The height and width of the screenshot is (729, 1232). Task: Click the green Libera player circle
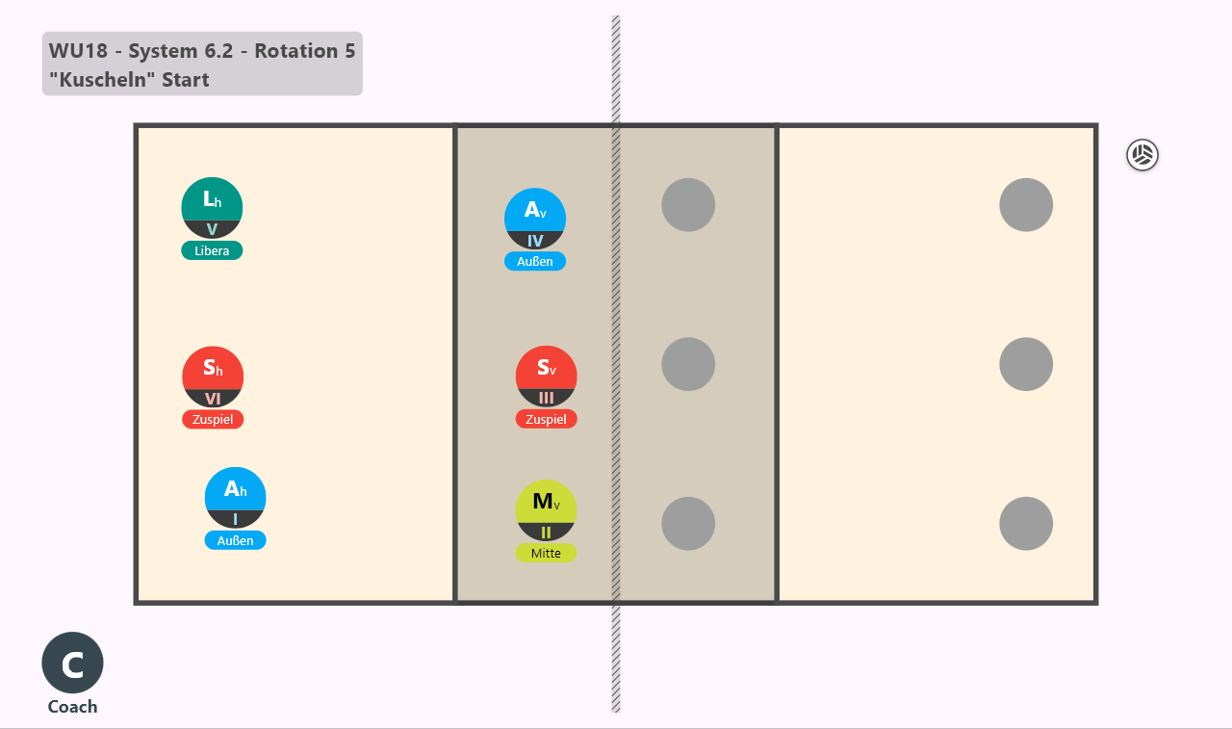tap(212, 208)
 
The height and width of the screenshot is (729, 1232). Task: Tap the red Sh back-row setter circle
tap(213, 377)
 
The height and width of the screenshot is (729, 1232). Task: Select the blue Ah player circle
tap(236, 498)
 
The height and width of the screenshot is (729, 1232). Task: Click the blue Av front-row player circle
tap(535, 219)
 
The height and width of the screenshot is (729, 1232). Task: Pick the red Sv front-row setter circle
tap(546, 377)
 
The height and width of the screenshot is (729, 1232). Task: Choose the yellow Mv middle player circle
tap(546, 511)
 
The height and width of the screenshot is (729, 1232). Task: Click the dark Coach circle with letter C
tap(72, 663)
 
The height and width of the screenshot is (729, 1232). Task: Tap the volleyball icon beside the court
tap(1142, 155)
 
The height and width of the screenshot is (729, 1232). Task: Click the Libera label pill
tap(212, 250)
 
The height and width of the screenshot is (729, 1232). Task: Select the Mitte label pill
tap(546, 553)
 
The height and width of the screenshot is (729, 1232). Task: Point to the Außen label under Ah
tap(236, 540)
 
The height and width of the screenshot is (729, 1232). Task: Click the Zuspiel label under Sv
tap(546, 419)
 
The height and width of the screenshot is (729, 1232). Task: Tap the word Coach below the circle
tap(72, 707)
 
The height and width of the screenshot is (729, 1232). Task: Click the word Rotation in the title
tap(296, 51)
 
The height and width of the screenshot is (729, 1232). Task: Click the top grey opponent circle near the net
tap(688, 205)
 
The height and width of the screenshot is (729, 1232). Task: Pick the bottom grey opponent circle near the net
tap(688, 524)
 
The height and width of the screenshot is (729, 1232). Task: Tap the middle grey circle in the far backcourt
tap(1026, 364)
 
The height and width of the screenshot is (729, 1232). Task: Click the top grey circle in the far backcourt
tap(1026, 205)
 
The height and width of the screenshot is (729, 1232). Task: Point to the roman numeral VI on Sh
tap(213, 399)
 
